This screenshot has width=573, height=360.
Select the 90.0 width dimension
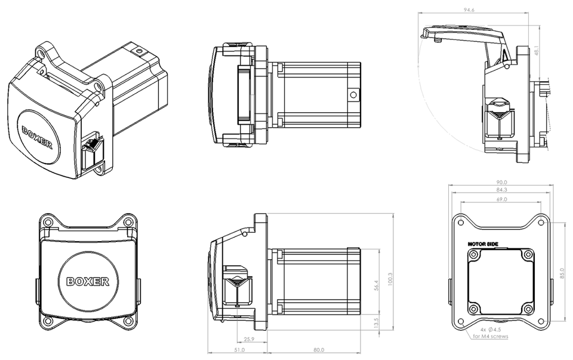501,183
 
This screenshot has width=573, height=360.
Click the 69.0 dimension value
501,199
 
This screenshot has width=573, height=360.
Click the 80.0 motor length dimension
318,350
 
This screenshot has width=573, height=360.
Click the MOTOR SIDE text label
482,244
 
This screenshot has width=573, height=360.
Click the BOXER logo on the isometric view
37,137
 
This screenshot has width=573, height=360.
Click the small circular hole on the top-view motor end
352,94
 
